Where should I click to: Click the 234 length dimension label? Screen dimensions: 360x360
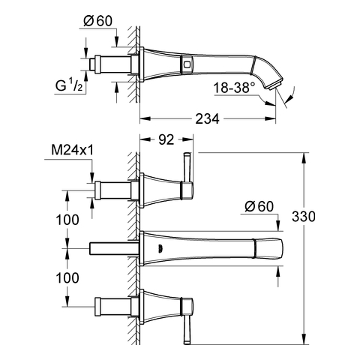click(207, 118)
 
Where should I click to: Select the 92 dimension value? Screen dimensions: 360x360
click(166, 139)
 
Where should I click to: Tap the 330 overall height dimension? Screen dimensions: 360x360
click(304, 217)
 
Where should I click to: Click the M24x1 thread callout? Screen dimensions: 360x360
click(73, 151)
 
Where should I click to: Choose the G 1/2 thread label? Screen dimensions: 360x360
click(69, 85)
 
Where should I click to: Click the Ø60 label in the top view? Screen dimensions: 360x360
click(97, 21)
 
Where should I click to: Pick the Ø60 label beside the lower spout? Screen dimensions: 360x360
click(259, 206)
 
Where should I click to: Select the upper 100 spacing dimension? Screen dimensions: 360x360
click(67, 220)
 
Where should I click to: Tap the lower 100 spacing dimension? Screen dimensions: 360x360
click(67, 278)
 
